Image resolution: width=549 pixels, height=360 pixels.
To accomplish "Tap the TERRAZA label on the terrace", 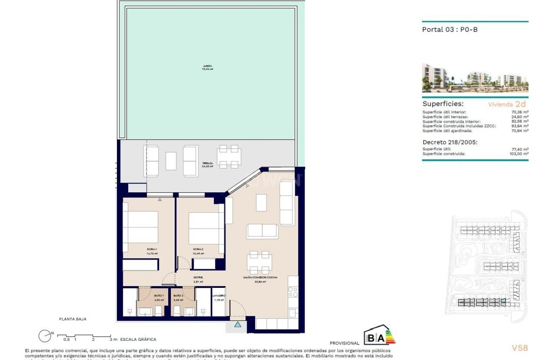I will coord(207,164).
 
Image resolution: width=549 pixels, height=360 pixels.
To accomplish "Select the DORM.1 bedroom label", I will coord(151,249).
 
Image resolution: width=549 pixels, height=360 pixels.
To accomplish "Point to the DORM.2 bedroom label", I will coord(198,249).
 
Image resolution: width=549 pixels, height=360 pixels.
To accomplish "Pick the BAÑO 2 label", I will coord(178,295).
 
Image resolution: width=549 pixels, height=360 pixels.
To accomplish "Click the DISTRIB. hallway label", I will coord(198,277).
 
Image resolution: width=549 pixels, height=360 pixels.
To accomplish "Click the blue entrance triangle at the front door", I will coord(238,324).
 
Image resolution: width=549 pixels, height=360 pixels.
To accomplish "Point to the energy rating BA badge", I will coord(379,335).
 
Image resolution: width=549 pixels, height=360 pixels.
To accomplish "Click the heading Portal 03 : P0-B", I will coord(450,30).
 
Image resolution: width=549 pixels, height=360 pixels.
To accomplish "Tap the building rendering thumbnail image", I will coord(475,78).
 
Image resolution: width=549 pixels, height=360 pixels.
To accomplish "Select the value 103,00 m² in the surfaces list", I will coord(520,154).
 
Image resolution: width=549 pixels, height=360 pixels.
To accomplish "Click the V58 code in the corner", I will coord(520,348).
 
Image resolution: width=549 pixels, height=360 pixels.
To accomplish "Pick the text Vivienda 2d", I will coord(506,104).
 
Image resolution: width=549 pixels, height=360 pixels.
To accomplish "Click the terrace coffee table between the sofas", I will coord(171,161).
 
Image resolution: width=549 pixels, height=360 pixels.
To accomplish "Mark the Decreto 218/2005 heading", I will coord(450,142).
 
